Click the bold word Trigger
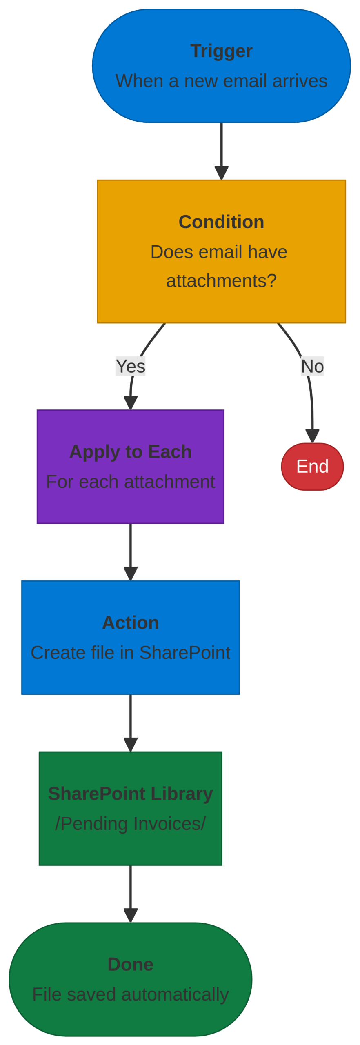point(221,51)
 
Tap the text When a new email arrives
point(221,81)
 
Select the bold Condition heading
point(221,222)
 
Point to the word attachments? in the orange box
point(221,280)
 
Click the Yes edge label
point(130,366)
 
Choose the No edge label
point(312,366)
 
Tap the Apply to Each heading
point(130,451)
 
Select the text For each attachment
point(130,481)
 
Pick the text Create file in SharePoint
point(130,652)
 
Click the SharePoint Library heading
point(130,793)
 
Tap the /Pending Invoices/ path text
point(130,823)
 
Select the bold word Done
point(130,964)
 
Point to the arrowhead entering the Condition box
point(221,173)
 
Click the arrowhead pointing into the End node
point(312,436)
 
